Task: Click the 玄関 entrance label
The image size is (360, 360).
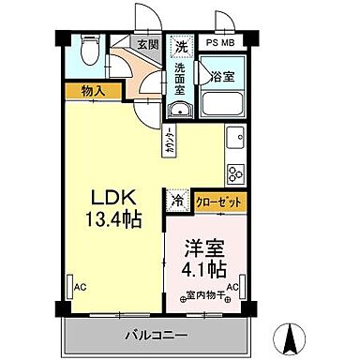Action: point(147,43)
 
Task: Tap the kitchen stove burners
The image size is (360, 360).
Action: point(233,172)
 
